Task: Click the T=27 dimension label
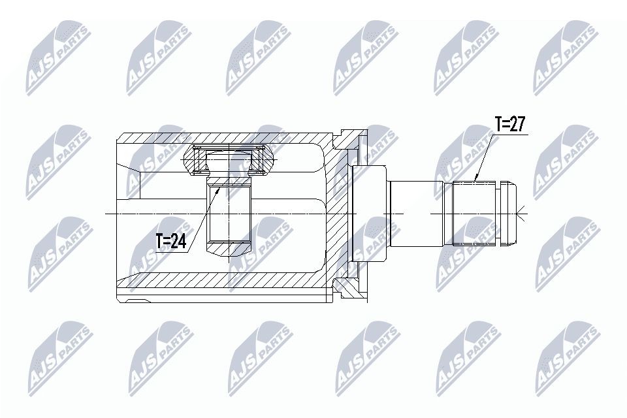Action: [509, 125]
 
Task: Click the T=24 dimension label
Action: [171, 241]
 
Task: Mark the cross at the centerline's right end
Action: [520, 214]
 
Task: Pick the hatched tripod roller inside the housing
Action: [230, 160]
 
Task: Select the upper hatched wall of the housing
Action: [222, 138]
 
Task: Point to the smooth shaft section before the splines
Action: [415, 214]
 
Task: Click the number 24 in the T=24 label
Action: [180, 241]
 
